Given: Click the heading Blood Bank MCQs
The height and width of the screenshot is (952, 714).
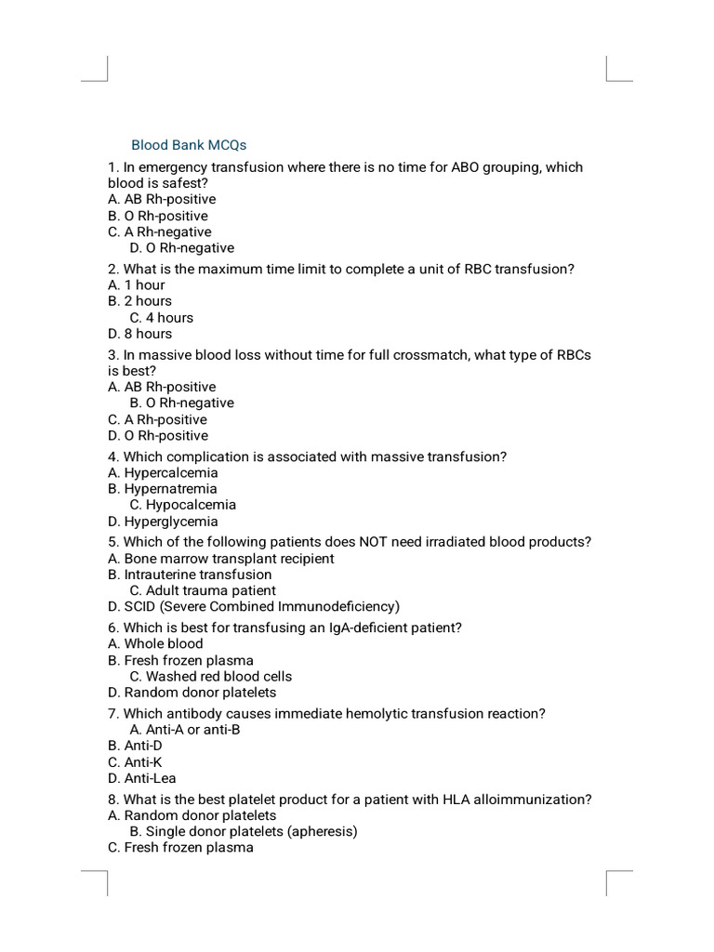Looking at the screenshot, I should (x=189, y=145).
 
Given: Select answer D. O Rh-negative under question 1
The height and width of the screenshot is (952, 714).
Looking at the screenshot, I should (x=182, y=248).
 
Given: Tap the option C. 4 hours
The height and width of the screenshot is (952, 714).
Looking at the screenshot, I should (x=162, y=317).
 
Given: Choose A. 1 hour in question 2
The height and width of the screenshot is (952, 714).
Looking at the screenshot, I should (x=137, y=284).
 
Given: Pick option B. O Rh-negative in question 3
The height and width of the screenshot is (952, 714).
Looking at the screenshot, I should (x=182, y=403).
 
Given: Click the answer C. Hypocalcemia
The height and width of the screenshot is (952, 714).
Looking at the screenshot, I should (x=183, y=505).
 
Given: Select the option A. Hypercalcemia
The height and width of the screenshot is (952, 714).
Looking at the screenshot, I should (x=163, y=472).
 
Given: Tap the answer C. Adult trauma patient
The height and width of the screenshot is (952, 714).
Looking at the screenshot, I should (x=203, y=590).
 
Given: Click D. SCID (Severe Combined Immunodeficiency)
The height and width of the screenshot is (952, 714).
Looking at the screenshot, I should (x=254, y=607).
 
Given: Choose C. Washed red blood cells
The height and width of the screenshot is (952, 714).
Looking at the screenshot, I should (x=211, y=677).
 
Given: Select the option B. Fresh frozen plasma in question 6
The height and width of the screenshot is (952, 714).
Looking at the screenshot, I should (x=180, y=660).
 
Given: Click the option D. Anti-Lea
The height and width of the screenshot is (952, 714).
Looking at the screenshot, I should (x=142, y=778).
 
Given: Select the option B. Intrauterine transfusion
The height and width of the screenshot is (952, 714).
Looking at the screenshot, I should (x=190, y=575).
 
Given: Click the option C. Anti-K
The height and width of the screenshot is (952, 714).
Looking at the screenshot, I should (x=135, y=762).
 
